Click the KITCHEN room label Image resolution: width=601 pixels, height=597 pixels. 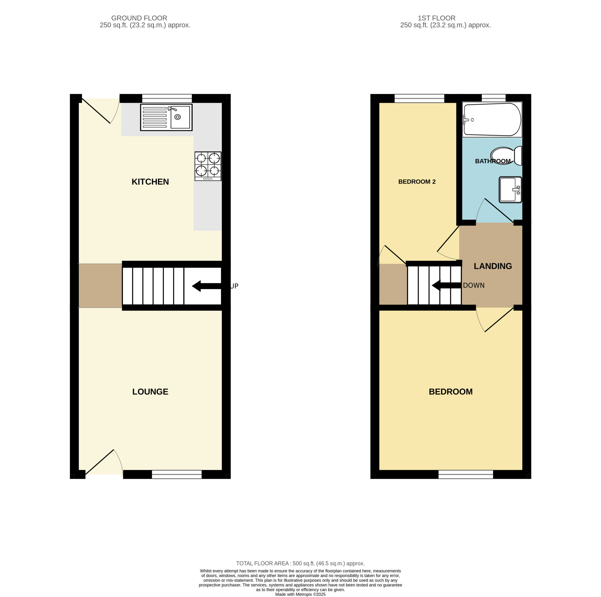pos(150,182)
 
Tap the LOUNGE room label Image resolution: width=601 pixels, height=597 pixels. pos(150,392)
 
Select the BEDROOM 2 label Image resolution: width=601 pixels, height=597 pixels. pos(417,181)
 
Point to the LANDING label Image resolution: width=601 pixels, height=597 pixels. pos(493,266)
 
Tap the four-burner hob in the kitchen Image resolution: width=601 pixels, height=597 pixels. pos(208,166)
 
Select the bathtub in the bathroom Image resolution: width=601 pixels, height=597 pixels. pos(492,120)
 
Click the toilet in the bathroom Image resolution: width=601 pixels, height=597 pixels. pos(506,156)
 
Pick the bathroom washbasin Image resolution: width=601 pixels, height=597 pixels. pos(510,190)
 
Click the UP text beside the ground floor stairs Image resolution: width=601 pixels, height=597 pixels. pos(234,286)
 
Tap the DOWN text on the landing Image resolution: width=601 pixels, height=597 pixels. pos(474,285)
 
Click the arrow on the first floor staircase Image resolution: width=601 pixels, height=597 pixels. pos(446,285)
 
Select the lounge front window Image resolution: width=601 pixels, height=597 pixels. pos(177,474)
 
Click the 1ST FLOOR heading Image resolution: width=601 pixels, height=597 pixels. pos(436,18)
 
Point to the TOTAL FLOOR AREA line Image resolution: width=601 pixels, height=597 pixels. pos(300,563)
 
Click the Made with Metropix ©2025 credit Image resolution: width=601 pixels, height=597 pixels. pos(300,594)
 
